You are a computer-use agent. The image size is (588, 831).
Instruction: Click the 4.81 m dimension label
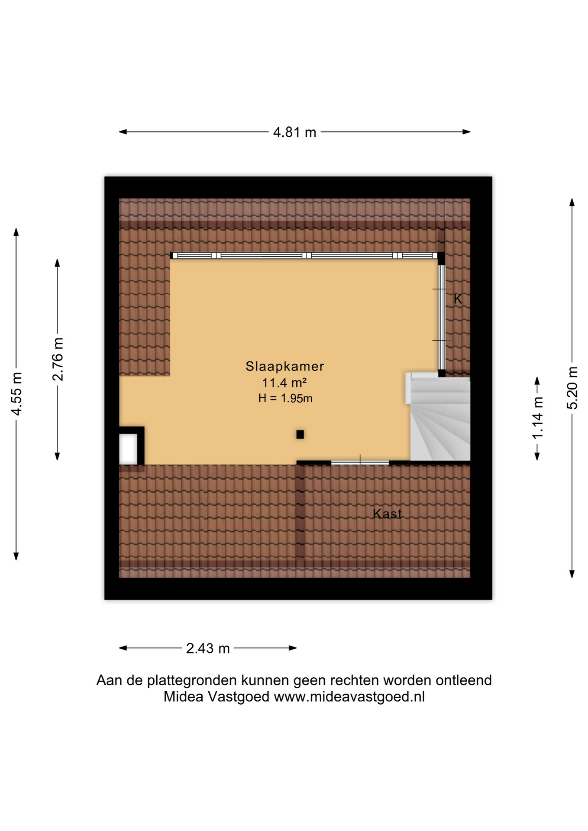click(x=294, y=132)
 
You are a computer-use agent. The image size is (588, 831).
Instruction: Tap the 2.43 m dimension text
click(x=208, y=648)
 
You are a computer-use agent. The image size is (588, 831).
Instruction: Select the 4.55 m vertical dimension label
click(x=16, y=394)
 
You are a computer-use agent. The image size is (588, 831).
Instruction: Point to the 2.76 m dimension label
click(x=58, y=359)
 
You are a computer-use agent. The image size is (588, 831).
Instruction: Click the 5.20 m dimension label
click(x=572, y=388)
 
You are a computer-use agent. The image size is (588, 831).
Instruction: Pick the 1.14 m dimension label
click(x=537, y=418)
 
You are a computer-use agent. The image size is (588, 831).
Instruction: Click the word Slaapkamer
click(x=285, y=366)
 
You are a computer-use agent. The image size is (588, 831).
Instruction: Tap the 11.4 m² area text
click(x=284, y=383)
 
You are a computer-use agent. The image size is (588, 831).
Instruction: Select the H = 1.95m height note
click(x=285, y=398)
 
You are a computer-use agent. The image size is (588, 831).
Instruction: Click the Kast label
click(x=387, y=514)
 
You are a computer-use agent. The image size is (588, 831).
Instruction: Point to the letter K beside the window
click(x=458, y=299)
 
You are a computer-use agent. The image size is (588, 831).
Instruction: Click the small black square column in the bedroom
click(x=300, y=435)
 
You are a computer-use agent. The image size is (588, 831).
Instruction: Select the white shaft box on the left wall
click(x=129, y=448)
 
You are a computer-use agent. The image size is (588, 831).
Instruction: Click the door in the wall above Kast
click(x=360, y=463)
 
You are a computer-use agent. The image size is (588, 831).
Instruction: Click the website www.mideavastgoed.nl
click(x=349, y=696)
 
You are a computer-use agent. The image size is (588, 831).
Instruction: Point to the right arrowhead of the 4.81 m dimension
click(x=467, y=132)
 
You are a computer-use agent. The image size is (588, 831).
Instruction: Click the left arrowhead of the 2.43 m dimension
click(x=123, y=648)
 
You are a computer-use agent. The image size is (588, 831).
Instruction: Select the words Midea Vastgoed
click(x=216, y=696)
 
